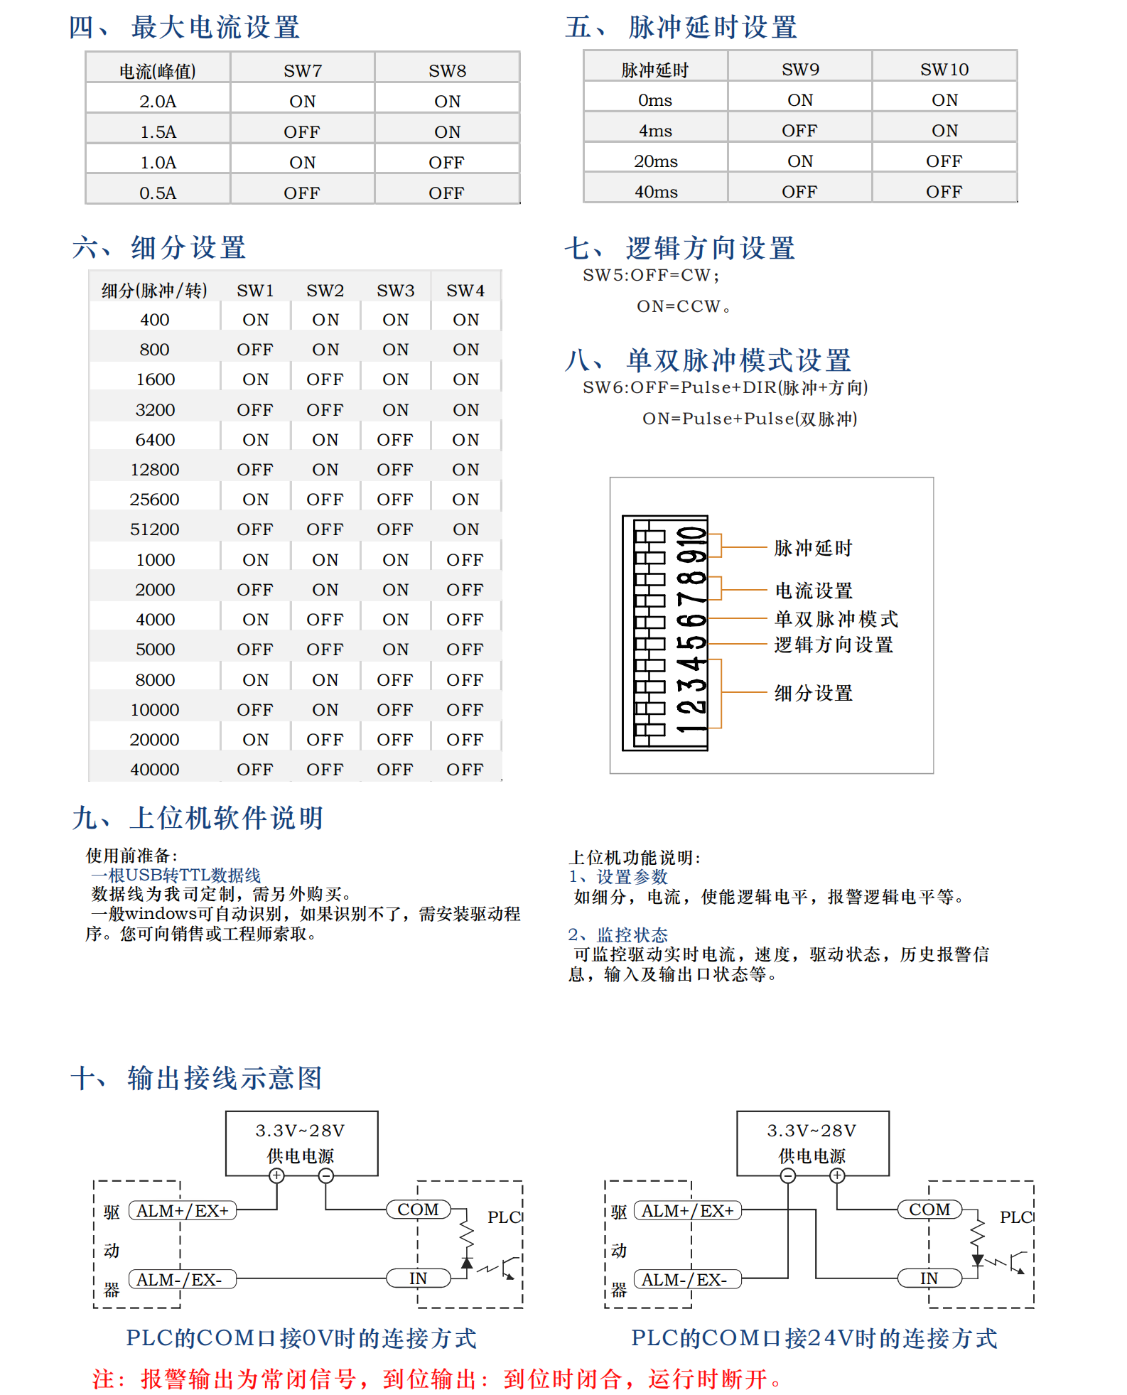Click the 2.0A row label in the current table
pyautogui.click(x=158, y=102)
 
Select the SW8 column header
pyautogui.click(x=447, y=71)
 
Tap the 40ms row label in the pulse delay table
pyautogui.click(x=656, y=192)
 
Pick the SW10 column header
pyautogui.click(x=944, y=70)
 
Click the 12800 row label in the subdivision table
pyautogui.click(x=155, y=470)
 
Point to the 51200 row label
pyautogui.click(x=155, y=529)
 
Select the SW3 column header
pyautogui.click(x=395, y=291)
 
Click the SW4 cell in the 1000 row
pyautogui.click(x=465, y=560)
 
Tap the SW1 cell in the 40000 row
pyautogui.click(x=255, y=770)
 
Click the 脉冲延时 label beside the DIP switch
pyautogui.click(x=813, y=548)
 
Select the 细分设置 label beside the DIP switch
pyautogui.click(x=813, y=693)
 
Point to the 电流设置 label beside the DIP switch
pyautogui.click(x=814, y=591)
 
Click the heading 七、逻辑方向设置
pyautogui.click(x=680, y=248)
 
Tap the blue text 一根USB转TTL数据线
pyautogui.click(x=176, y=875)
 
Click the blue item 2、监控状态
pyautogui.click(x=618, y=935)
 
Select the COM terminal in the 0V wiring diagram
pyautogui.click(x=418, y=1210)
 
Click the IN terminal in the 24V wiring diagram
pyautogui.click(x=929, y=1278)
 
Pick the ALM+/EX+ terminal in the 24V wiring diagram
pyautogui.click(x=687, y=1211)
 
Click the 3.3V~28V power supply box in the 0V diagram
pyautogui.click(x=301, y=1143)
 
